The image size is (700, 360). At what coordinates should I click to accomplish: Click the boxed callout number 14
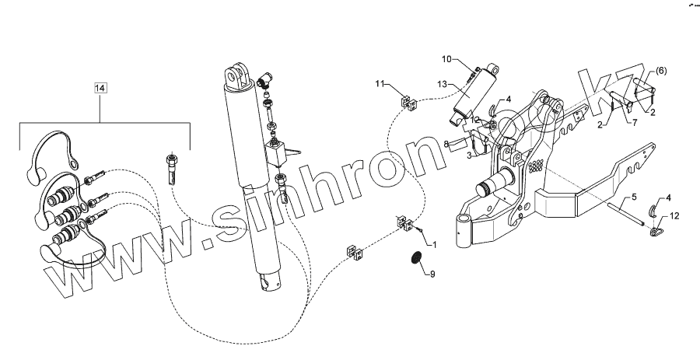(100, 88)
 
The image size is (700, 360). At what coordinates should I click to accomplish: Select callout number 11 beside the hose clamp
(380, 83)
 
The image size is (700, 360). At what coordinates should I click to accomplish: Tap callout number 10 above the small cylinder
(446, 59)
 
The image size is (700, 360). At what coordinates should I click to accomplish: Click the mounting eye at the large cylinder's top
(237, 78)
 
